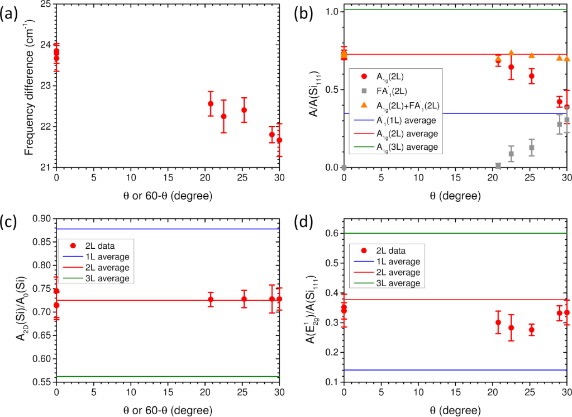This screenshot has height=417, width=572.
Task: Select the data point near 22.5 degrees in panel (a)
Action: click(223, 116)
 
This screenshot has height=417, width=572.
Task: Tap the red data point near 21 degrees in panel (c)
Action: click(211, 300)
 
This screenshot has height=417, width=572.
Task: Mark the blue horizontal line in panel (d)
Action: click(447, 370)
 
